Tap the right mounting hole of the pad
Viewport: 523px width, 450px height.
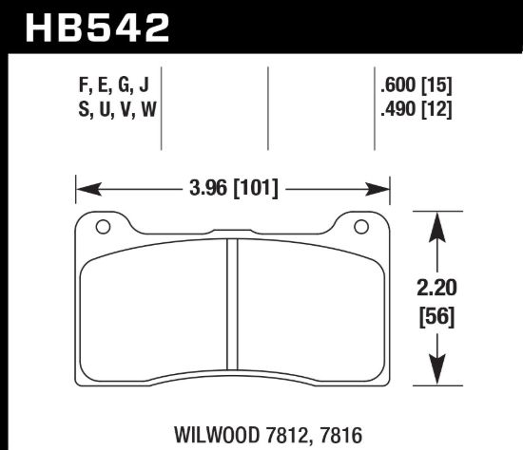pos(360,227)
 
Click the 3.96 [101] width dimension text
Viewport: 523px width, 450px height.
pos(232,188)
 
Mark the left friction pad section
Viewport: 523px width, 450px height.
pos(152,313)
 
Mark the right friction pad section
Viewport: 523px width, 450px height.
pos(309,313)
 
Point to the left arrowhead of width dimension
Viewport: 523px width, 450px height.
pos(83,188)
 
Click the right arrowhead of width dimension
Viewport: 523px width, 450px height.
pos(384,188)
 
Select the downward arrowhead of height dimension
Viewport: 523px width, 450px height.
pos(436,375)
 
